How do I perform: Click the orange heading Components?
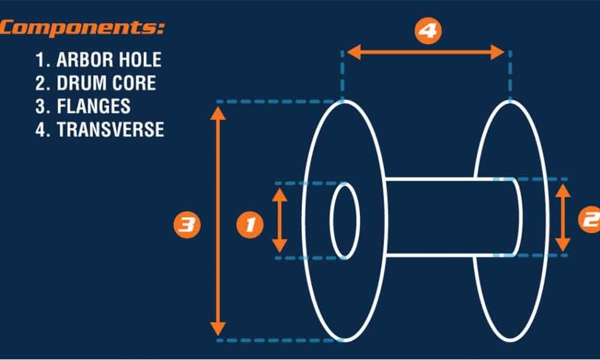click(83, 28)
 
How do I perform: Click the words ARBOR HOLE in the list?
click(109, 60)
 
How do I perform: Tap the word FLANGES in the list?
click(93, 106)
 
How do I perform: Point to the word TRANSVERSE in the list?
click(110, 130)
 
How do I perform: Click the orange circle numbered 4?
click(427, 31)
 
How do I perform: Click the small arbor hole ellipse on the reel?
click(345, 221)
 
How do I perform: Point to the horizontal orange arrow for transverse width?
click(427, 52)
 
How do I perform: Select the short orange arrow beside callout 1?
click(280, 220)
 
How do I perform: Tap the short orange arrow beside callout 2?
click(562, 218)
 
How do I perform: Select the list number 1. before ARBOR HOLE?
click(41, 60)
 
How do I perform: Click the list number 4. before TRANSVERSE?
click(42, 130)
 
